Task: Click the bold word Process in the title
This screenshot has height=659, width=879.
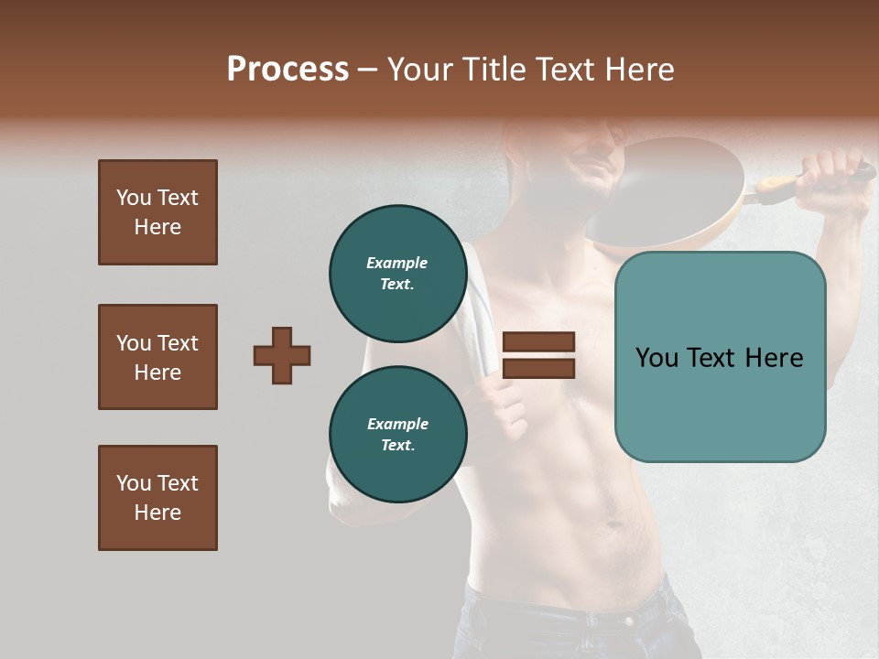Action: tap(288, 70)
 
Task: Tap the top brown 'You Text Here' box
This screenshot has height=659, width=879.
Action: tap(157, 212)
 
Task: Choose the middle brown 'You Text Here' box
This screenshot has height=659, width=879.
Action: tap(157, 357)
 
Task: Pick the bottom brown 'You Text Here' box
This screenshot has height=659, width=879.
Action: tap(157, 498)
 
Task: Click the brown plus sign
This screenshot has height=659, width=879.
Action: tap(282, 355)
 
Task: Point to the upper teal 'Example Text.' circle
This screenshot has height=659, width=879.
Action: tap(397, 273)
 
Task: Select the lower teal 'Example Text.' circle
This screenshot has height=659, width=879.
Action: tap(397, 434)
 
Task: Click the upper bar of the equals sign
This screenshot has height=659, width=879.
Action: tap(538, 342)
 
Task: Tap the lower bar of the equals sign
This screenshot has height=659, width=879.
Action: tap(538, 368)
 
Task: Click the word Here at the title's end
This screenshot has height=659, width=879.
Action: tap(637, 70)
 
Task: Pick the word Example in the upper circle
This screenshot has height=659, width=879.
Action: tap(397, 263)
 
